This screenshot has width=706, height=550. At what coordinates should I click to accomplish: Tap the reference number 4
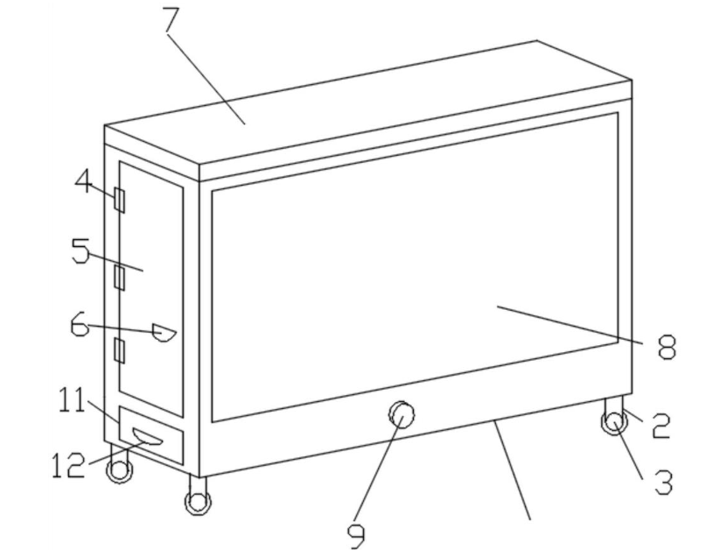click(84, 181)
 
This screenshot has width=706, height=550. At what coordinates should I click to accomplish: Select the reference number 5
click(80, 250)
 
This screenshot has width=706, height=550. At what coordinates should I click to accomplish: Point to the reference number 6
click(80, 325)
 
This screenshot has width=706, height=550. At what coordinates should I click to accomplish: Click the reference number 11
click(72, 400)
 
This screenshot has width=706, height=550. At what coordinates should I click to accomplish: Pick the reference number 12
click(68, 465)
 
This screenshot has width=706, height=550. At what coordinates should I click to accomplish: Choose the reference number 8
click(667, 347)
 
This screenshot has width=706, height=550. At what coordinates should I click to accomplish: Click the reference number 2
click(661, 426)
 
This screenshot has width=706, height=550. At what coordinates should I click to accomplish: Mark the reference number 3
click(663, 482)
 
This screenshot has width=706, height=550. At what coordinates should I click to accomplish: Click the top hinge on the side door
click(119, 201)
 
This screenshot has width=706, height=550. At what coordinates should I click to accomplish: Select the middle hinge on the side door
click(119, 277)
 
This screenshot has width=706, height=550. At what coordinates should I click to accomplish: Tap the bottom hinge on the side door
click(119, 350)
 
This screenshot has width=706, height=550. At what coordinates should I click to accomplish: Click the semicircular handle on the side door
click(164, 332)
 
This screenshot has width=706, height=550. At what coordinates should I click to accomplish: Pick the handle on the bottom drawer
click(147, 436)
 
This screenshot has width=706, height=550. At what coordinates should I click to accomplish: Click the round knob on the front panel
click(402, 415)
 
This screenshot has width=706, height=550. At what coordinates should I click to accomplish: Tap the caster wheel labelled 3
click(614, 423)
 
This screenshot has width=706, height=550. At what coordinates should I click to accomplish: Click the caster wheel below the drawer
click(119, 471)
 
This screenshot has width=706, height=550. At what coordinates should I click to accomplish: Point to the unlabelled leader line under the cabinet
click(512, 469)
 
